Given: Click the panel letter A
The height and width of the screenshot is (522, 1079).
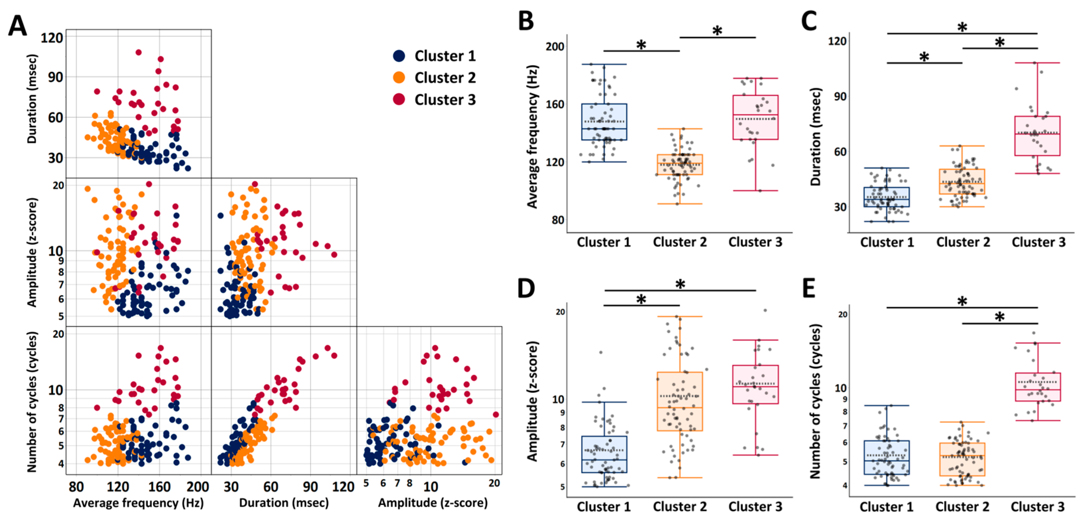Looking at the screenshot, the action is point(18,26).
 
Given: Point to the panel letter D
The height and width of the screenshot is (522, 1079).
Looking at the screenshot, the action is point(526,288).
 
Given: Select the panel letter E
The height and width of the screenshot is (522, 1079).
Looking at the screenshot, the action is point(808,288).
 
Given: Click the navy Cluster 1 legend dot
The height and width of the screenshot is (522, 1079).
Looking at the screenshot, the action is point(399,56).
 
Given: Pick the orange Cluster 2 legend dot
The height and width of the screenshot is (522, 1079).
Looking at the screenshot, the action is point(399,78).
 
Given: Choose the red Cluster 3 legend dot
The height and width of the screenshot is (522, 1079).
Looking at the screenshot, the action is point(399,99).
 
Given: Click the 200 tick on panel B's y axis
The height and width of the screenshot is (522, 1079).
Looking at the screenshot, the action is point(555,46).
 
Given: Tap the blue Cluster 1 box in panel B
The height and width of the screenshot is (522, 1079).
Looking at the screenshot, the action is point(604,122).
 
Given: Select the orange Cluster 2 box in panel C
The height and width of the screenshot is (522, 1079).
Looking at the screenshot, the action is point(962,181).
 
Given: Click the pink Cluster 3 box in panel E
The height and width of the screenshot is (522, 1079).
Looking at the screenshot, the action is point(1038,387).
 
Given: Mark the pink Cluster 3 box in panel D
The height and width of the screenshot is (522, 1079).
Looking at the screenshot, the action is point(756,384).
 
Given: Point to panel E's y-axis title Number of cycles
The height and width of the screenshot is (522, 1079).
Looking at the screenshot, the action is point(815,401).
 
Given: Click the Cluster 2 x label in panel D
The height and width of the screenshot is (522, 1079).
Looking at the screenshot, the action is point(679,506).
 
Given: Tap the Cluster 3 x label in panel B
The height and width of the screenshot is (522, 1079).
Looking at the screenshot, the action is point(755,242).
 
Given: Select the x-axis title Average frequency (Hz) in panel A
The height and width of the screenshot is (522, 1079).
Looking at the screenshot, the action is point(138,503).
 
